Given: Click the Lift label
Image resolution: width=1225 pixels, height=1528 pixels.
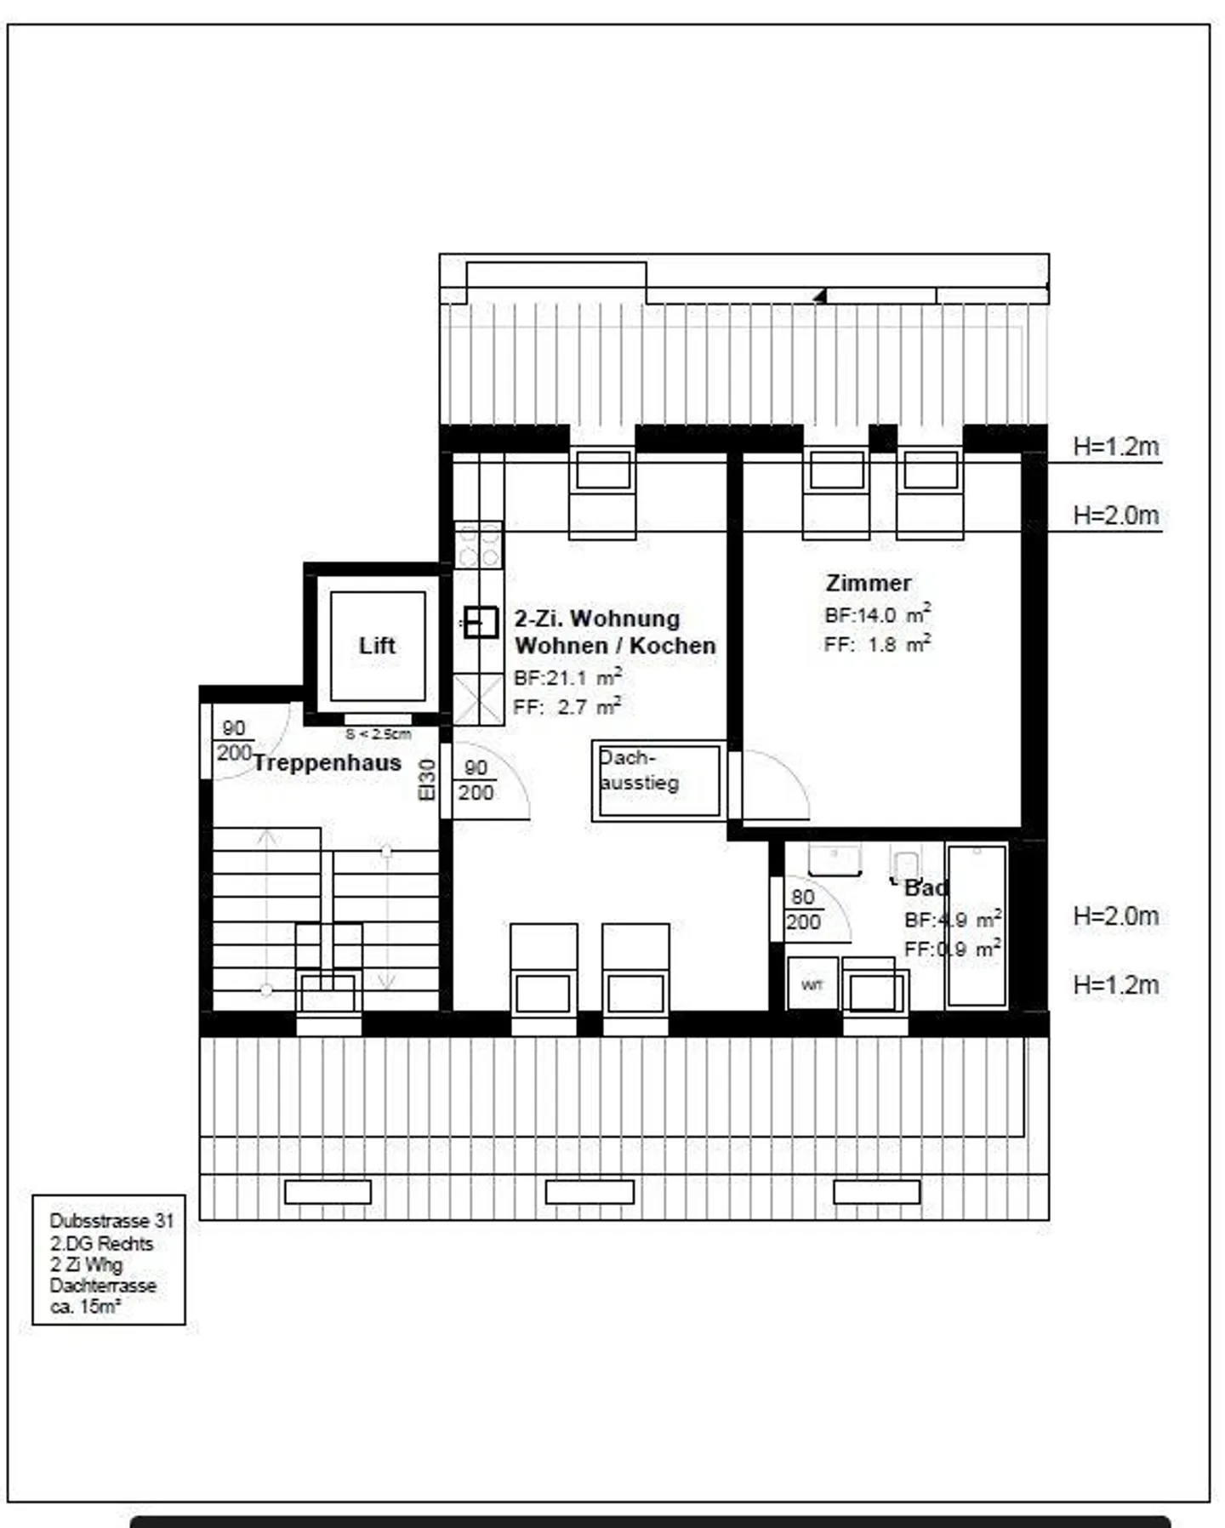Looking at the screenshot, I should [x=377, y=645].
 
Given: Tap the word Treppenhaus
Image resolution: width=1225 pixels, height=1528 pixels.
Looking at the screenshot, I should [x=328, y=762].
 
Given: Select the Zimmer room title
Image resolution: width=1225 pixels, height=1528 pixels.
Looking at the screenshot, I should [x=868, y=583].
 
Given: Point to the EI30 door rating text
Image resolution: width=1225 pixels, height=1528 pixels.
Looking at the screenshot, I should [x=427, y=779].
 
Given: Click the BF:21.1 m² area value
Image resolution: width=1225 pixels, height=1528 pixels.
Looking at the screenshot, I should [x=567, y=677].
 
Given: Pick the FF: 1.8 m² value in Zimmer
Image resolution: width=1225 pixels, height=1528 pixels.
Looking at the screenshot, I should [x=876, y=644].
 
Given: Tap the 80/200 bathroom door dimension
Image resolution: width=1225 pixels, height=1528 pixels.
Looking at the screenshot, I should [x=803, y=909].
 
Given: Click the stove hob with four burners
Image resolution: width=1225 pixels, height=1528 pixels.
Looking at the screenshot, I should [x=479, y=544].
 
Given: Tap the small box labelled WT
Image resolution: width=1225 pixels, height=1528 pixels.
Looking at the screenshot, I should [x=812, y=984].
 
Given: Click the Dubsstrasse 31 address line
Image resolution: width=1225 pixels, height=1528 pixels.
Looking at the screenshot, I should [x=111, y=1221].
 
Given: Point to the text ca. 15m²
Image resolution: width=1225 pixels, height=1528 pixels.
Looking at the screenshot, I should [x=85, y=1307].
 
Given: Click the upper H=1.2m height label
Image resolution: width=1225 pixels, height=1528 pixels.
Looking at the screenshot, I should [x=1115, y=446].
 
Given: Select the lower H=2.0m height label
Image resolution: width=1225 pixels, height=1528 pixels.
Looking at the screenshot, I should [x=1115, y=915].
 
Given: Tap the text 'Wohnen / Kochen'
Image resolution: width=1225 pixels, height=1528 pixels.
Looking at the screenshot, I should [x=614, y=646].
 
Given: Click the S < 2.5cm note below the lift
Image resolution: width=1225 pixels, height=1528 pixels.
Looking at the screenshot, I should [x=378, y=733].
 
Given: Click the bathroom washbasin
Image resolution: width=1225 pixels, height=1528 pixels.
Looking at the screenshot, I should [x=835, y=859].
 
